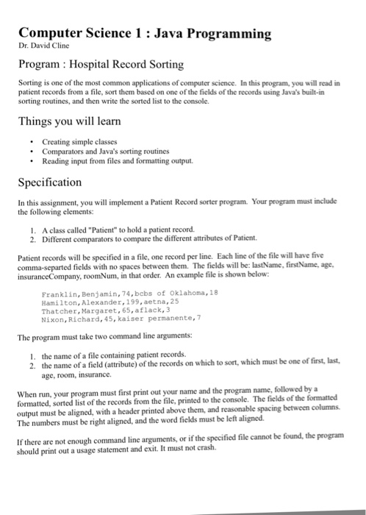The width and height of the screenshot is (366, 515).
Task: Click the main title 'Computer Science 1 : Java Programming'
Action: (145, 33)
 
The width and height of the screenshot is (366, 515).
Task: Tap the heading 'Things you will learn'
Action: (70, 120)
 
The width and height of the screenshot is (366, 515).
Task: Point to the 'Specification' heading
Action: (50, 182)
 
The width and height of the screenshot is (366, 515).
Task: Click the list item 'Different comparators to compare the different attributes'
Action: (140, 238)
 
